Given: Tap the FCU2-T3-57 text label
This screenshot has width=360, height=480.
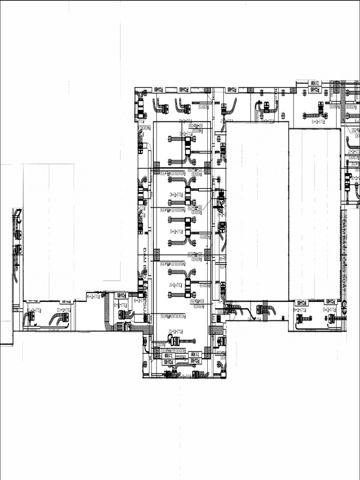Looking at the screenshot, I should [172, 284].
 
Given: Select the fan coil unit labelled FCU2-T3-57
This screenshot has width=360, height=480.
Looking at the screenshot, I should [187, 287].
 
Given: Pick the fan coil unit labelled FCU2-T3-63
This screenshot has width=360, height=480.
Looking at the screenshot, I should [331, 319].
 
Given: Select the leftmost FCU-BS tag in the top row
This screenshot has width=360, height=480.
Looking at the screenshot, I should [158, 89].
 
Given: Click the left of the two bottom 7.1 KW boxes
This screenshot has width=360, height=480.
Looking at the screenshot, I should [168, 355].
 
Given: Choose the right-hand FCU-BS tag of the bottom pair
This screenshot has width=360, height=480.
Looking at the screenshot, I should [194, 361].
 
